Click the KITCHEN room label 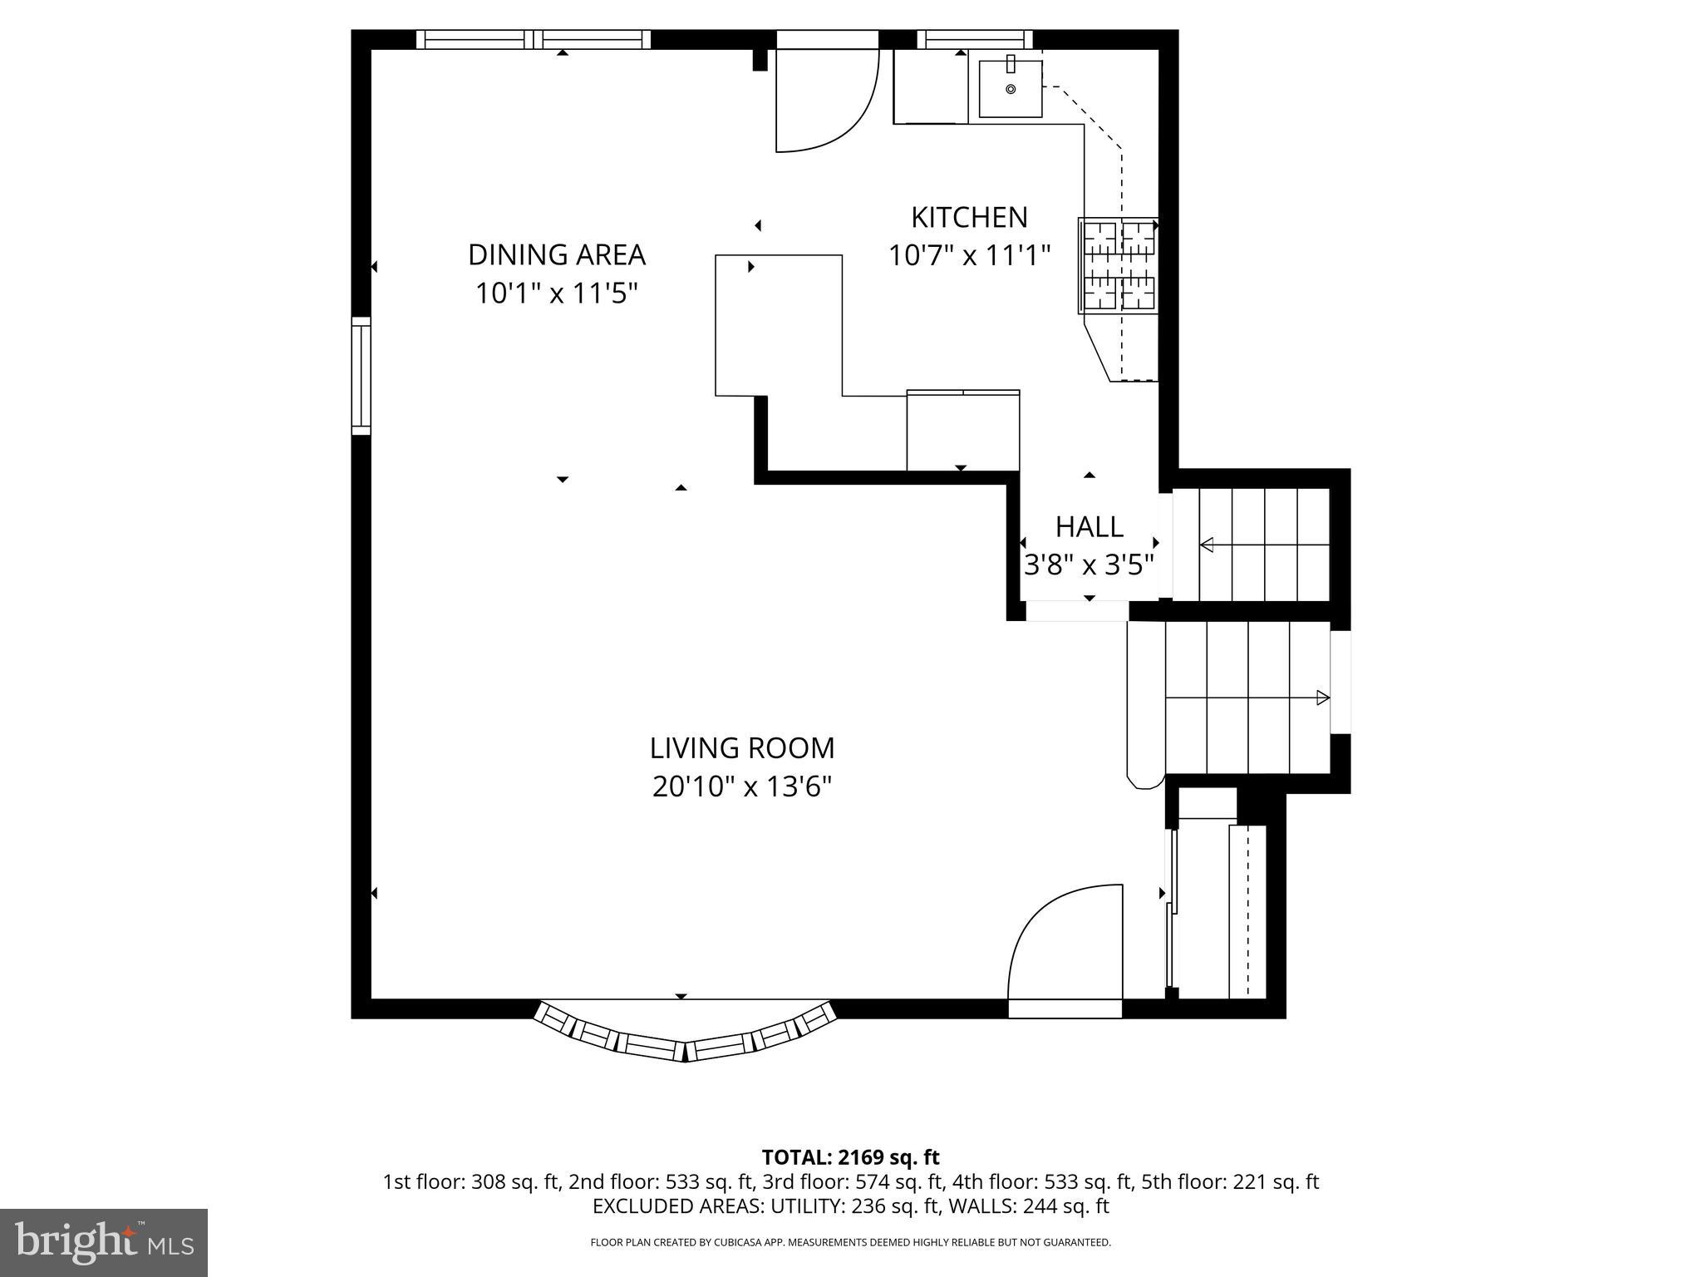(969, 218)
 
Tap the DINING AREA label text (556, 254)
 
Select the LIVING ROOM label (741, 748)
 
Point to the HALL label (1089, 527)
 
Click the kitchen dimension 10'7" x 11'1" (969, 255)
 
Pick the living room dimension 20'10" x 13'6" (741, 786)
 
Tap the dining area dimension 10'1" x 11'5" (556, 293)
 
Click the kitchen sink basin (1011, 89)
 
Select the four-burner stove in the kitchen (1118, 266)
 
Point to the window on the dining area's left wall (361, 375)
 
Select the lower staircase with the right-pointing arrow (1247, 698)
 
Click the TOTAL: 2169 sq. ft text (850, 1157)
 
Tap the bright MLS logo (104, 1243)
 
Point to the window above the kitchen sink (974, 39)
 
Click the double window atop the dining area (533, 39)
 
